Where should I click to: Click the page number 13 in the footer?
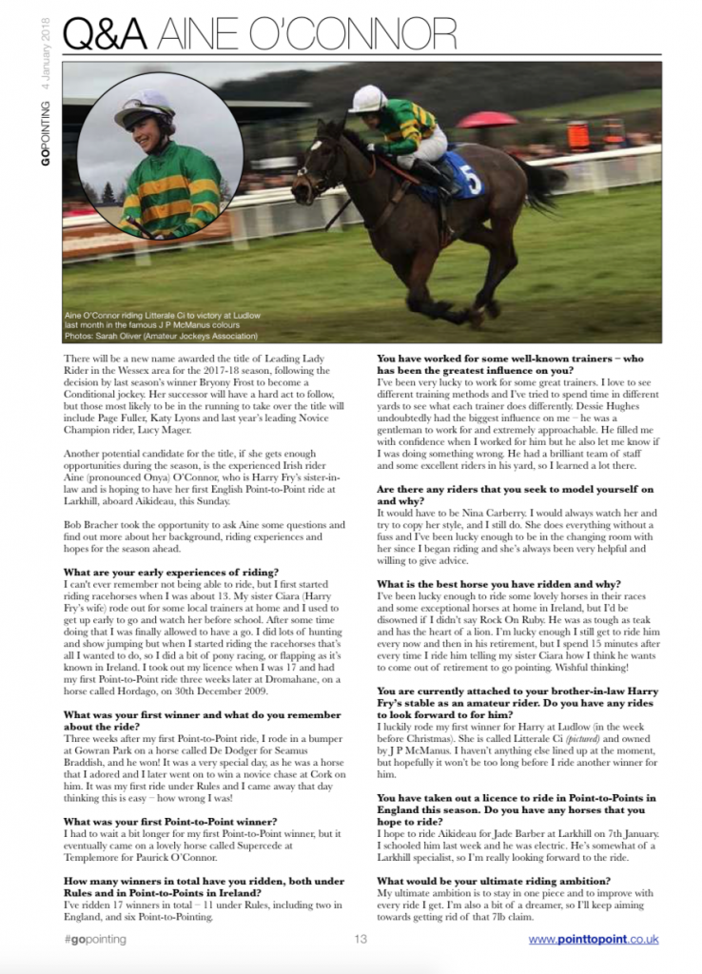[361, 941]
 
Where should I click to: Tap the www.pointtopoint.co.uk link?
[594, 941]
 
